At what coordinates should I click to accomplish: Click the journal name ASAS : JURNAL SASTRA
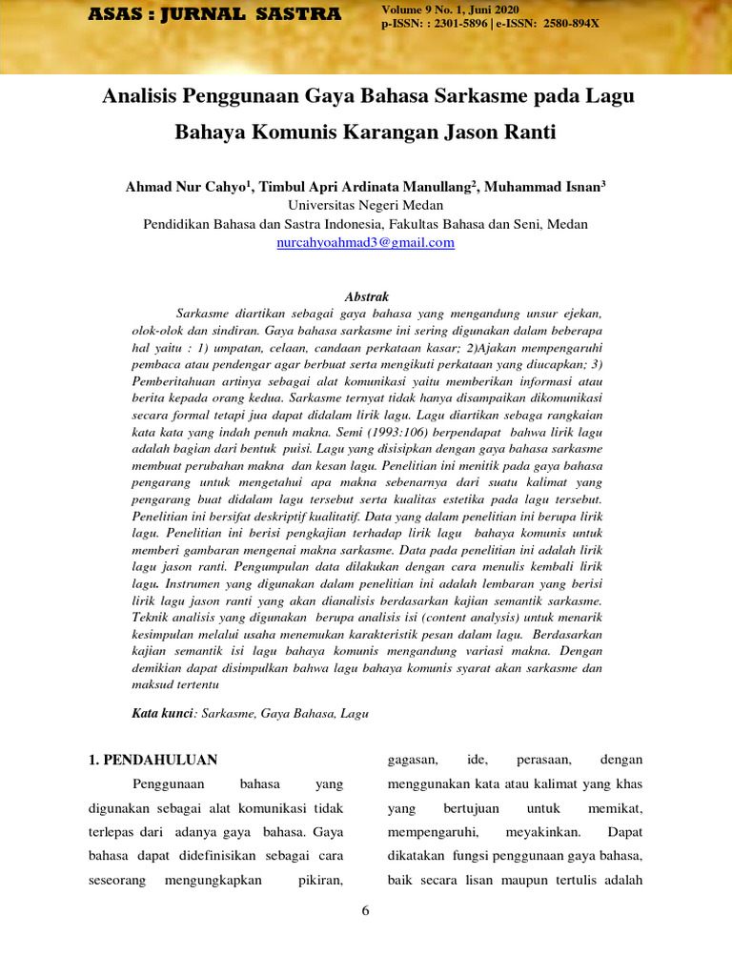(x=214, y=14)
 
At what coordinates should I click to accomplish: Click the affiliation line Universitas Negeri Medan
(x=365, y=206)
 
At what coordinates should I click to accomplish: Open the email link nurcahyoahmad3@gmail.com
(x=365, y=243)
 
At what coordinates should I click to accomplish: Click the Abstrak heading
(x=366, y=297)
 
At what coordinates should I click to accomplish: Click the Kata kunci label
(x=162, y=713)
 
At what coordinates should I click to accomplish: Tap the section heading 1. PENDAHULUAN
(x=153, y=760)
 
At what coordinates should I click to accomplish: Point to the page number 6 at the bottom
(x=365, y=911)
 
